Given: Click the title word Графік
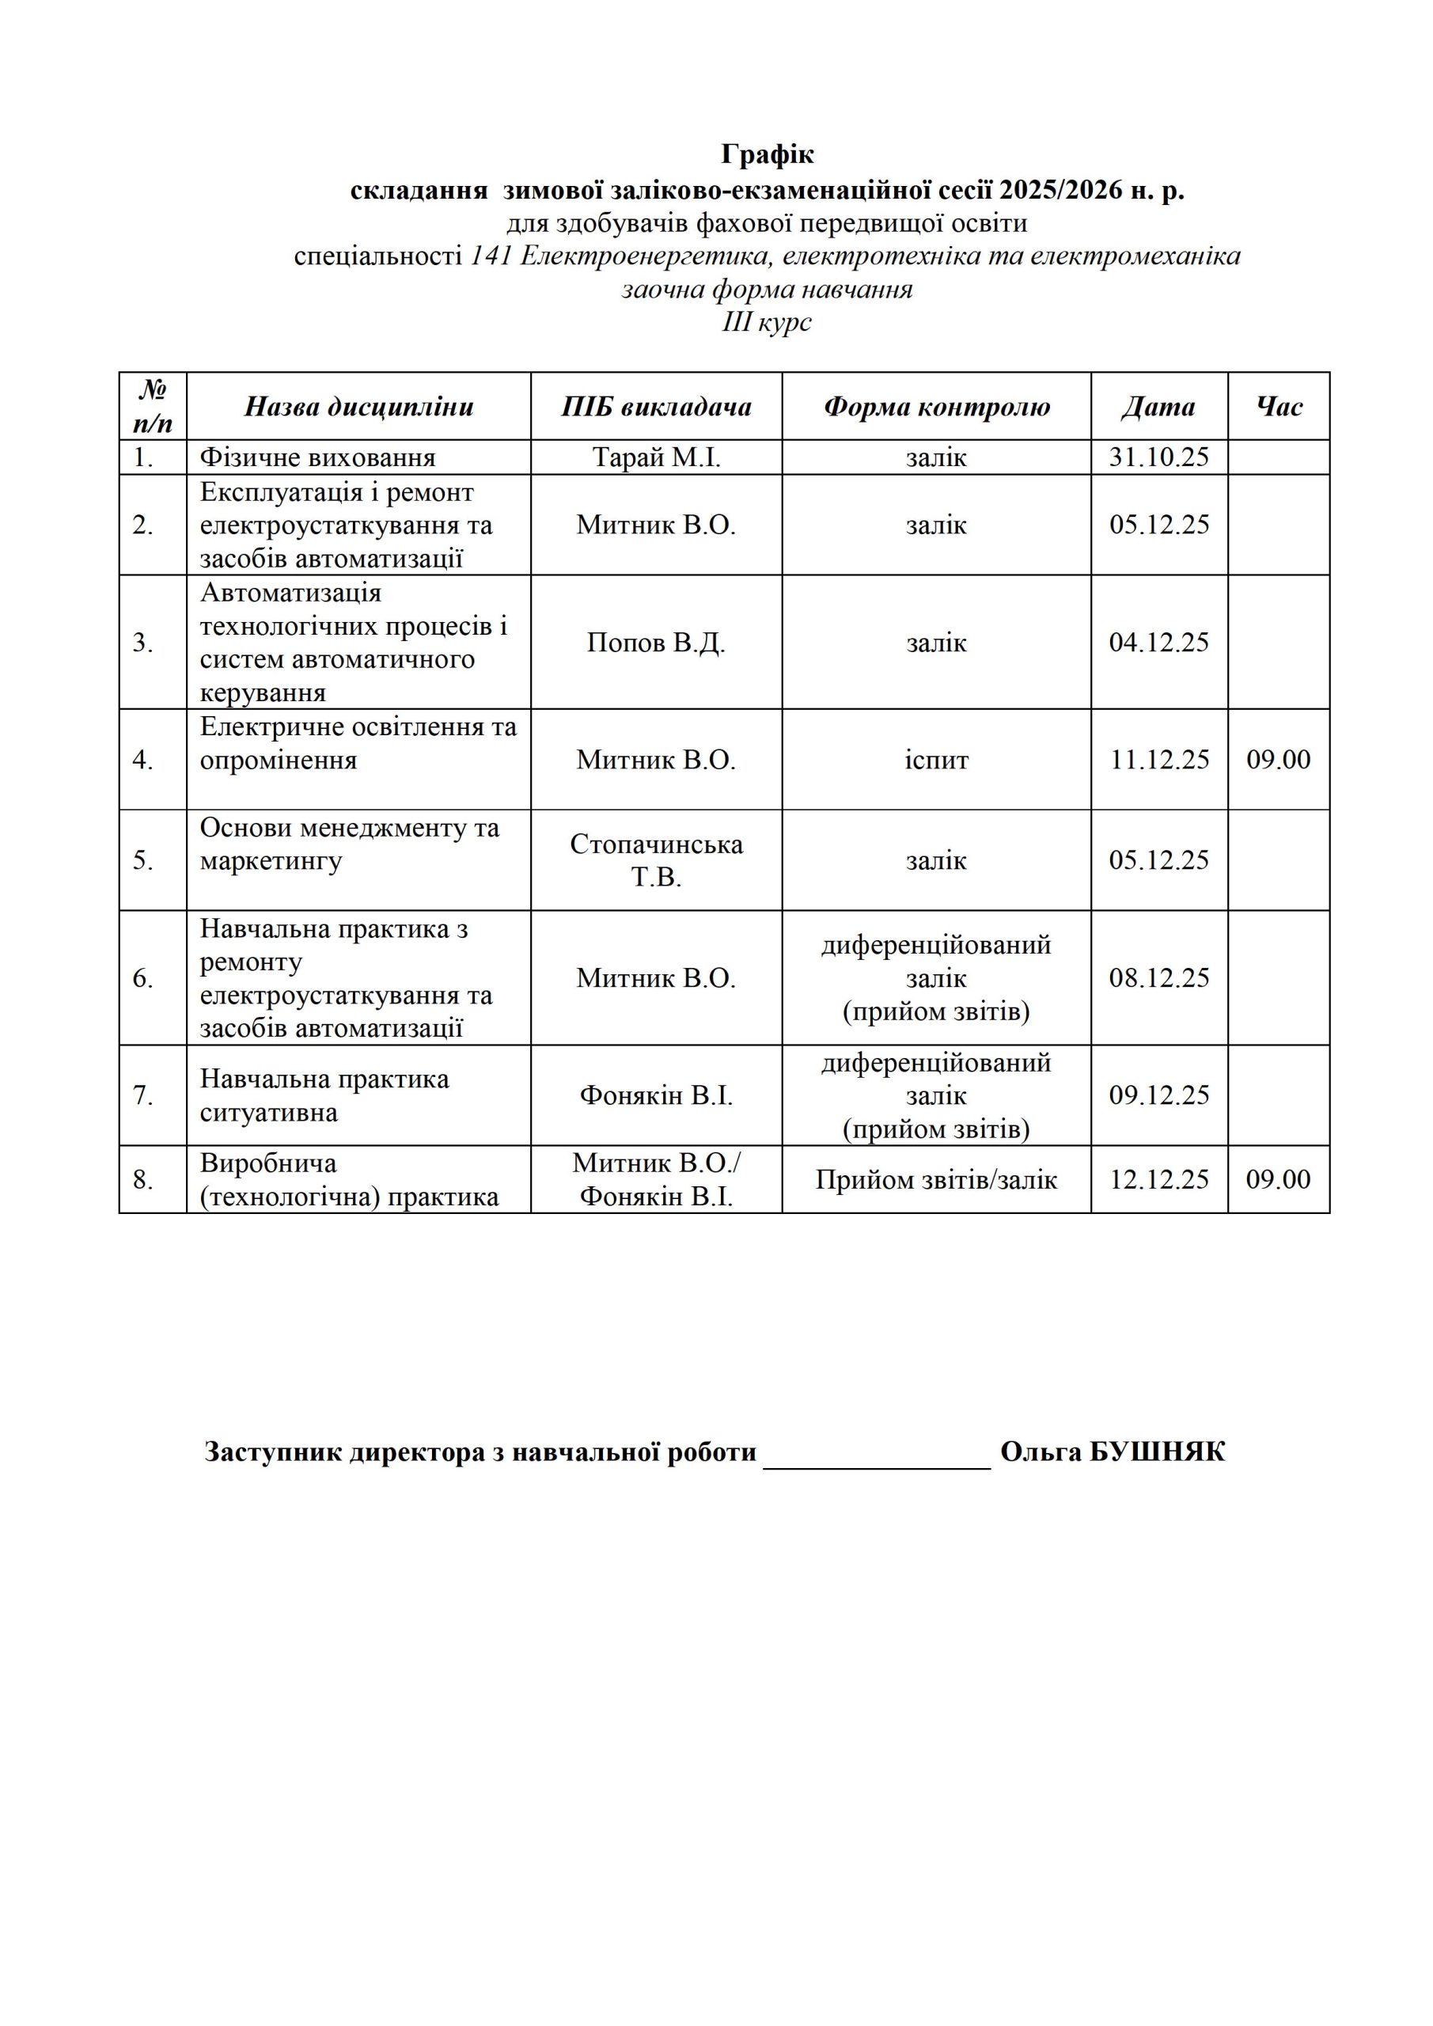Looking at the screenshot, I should [x=767, y=154].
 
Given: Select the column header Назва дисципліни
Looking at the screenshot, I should [x=358, y=407].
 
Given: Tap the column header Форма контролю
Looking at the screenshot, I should [x=936, y=407].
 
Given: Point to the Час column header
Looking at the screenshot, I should [x=1278, y=407].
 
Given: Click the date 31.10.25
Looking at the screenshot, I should [x=1158, y=457].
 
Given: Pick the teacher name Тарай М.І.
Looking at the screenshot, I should [x=656, y=457].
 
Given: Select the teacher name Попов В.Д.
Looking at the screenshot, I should [x=656, y=643].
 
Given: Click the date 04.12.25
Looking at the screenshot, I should [x=1158, y=643].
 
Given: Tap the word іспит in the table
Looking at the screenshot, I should [x=936, y=760].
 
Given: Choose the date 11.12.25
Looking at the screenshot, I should [x=1158, y=760].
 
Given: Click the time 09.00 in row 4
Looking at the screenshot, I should [x=1278, y=760].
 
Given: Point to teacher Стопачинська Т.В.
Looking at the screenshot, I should [x=656, y=860].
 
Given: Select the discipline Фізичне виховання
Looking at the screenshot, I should [x=317, y=457].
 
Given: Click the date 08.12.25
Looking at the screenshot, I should [x=1158, y=977].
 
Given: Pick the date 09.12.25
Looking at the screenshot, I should [x=1158, y=1095].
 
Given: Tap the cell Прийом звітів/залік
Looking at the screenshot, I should [x=936, y=1180].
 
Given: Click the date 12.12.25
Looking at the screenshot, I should [x=1158, y=1180].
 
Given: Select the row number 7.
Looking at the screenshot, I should [x=144, y=1096].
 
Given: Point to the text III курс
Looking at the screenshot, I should [x=767, y=322].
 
